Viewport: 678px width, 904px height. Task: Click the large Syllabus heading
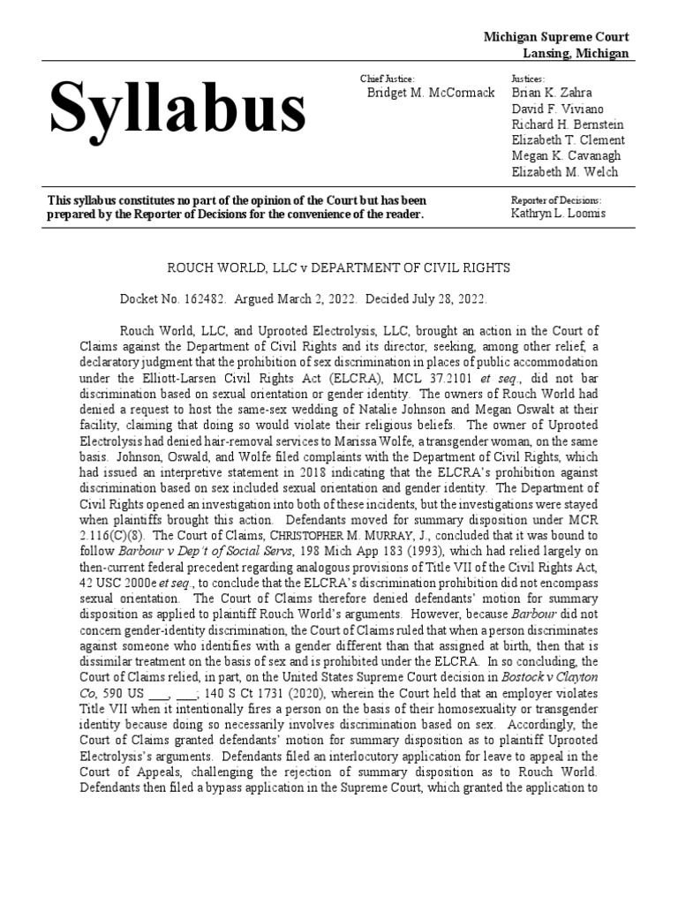point(177,111)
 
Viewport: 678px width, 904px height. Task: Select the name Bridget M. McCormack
point(430,94)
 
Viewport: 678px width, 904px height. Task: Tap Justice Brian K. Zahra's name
point(552,94)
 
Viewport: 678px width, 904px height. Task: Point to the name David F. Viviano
point(556,109)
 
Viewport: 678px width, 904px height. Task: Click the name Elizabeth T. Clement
point(568,140)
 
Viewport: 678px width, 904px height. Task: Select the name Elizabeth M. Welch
point(564,172)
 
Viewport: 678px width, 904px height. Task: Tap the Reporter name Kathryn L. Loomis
point(558,215)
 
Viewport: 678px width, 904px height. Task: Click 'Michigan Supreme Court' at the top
point(556,37)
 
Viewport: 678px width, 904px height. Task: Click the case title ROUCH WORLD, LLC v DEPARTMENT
point(339,267)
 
